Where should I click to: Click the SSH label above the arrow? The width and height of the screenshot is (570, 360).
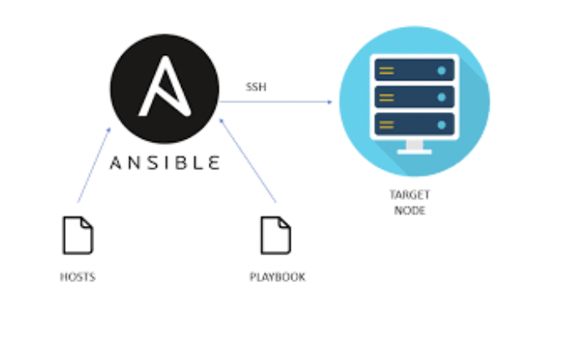point(257,87)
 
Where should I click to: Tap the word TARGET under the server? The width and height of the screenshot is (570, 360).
point(410,195)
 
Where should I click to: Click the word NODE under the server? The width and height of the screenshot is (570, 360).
point(410,210)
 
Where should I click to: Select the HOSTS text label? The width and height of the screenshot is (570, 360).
point(77,277)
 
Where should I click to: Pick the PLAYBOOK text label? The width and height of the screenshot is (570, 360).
point(278,277)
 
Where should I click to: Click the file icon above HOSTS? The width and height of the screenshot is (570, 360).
point(78,235)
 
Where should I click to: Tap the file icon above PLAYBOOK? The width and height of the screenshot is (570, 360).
point(275,235)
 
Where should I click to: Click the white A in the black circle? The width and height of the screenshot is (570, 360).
point(165,87)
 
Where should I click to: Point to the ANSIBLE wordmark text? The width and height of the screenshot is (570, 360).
point(165,163)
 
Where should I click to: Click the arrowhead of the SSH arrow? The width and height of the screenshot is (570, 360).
point(330,102)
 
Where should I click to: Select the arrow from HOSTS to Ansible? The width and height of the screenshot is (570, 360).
point(94,165)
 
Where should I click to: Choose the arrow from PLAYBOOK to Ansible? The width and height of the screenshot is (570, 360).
point(248,161)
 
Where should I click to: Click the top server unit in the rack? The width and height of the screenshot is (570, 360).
point(414,70)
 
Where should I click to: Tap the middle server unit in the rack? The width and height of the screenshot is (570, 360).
point(414,98)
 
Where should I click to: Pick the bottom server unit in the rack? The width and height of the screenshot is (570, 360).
point(414,124)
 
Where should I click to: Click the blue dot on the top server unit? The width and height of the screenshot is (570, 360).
point(442,71)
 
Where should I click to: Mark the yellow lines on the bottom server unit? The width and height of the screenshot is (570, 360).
point(386,125)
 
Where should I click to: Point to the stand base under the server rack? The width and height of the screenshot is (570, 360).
point(414,152)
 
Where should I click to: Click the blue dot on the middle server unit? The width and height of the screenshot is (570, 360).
point(442,98)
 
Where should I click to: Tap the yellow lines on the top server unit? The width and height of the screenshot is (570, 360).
point(386,71)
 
